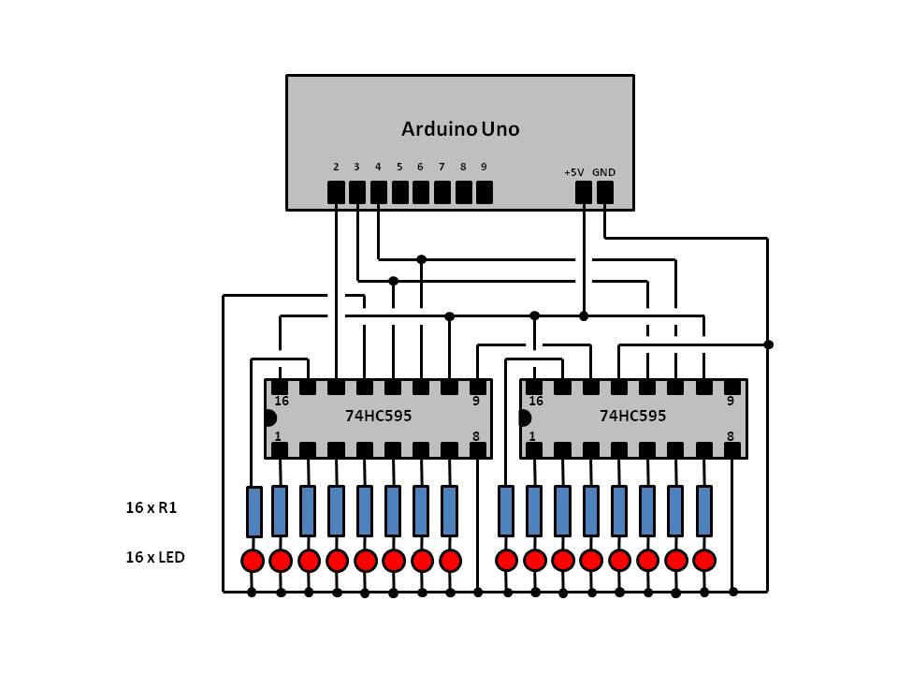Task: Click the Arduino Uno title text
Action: [459, 129]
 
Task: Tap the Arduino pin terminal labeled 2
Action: [336, 192]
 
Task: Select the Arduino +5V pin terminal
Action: [584, 192]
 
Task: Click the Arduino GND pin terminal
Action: [605, 192]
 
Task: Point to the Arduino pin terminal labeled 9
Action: [484, 192]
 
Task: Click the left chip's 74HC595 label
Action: [378, 416]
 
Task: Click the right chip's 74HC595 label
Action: [633, 416]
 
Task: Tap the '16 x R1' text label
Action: [152, 508]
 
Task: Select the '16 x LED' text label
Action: [155, 558]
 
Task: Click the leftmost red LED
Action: [253, 560]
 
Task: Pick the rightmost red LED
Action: [704, 560]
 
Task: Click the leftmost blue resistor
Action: [253, 510]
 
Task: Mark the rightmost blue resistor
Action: [704, 510]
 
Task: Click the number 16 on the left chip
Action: [282, 401]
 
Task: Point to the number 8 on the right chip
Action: [730, 436]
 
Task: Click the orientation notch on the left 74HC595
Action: [270, 418]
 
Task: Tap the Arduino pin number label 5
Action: [399, 168]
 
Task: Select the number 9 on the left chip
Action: [475, 401]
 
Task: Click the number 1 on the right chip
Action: [532, 436]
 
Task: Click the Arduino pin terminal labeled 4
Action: [378, 192]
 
